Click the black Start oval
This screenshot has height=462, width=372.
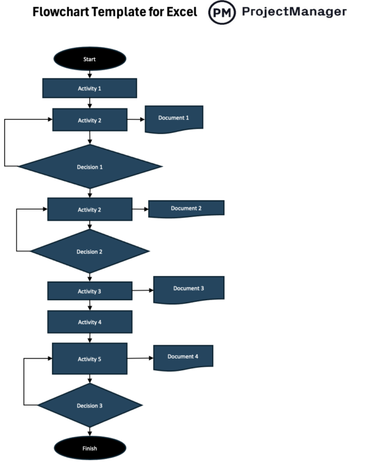(90, 59)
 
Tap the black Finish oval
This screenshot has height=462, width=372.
(90, 448)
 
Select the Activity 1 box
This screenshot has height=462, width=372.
(90, 88)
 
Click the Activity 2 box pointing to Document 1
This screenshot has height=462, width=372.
(90, 120)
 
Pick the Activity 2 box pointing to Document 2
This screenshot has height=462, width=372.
(90, 210)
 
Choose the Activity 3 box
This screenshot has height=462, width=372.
(90, 291)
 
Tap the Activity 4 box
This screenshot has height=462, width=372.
(90, 322)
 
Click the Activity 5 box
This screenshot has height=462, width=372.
(90, 359)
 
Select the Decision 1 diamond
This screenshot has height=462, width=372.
(90, 167)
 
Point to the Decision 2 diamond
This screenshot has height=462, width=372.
(90, 252)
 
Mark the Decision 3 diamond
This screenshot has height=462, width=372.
(90, 406)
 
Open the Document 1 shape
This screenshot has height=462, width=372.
(174, 118)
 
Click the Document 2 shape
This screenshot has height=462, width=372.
(186, 208)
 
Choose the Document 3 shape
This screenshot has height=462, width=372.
(188, 289)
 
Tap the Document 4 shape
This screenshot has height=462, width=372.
(183, 357)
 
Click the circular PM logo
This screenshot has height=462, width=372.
(222, 12)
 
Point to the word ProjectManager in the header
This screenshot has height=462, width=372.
(294, 12)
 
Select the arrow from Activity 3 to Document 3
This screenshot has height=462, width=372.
(143, 290)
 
